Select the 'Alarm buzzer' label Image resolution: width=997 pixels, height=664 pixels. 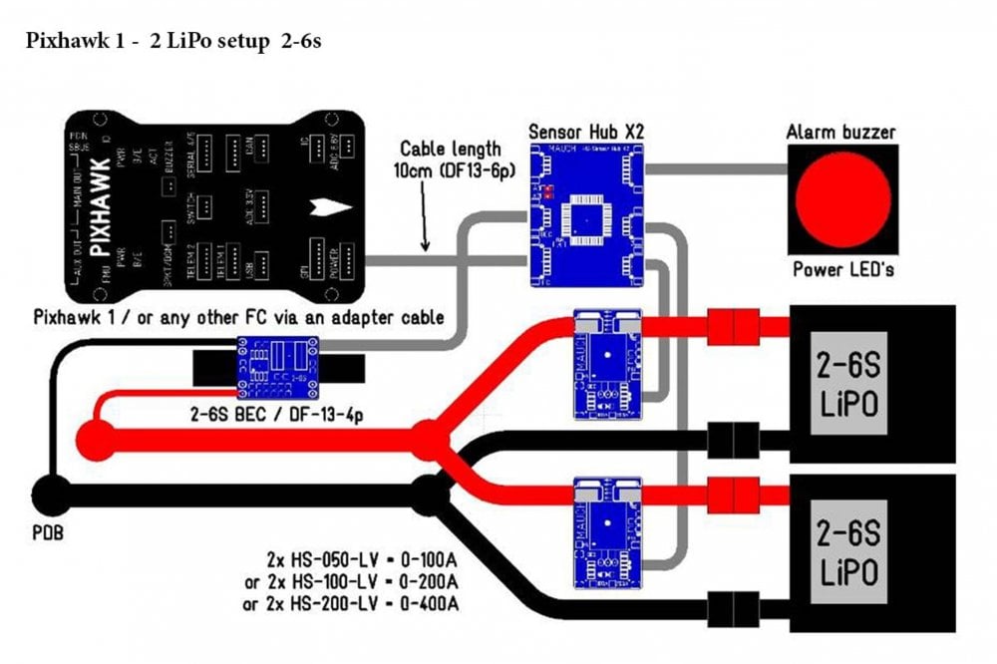(x=840, y=132)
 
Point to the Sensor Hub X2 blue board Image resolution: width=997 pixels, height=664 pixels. (x=585, y=214)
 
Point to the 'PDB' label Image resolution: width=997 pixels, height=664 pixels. (x=47, y=534)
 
